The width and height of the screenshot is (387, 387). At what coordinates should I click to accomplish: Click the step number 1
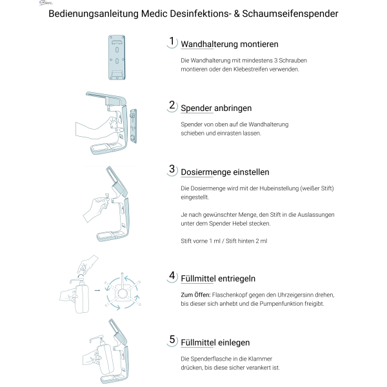point(172,41)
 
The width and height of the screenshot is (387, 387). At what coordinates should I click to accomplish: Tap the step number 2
point(172,105)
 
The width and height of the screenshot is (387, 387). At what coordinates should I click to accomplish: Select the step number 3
point(172,169)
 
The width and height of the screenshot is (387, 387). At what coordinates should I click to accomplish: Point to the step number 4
point(172,275)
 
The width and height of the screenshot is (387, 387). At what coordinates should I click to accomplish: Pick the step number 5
point(172,340)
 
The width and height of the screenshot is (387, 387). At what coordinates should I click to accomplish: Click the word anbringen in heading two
point(233,108)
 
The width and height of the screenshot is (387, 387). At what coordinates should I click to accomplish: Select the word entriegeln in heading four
point(237,279)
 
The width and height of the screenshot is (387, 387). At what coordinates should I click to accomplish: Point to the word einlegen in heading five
point(234,343)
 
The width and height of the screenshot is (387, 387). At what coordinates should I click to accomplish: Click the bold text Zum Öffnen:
point(195,295)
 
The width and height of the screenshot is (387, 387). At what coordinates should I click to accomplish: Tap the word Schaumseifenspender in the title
point(290,14)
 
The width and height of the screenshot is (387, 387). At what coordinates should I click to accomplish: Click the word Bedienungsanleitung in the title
point(94,14)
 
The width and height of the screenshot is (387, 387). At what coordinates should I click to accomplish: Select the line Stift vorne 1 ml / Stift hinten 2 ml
point(224,241)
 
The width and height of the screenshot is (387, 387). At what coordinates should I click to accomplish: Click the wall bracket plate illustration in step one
point(117,57)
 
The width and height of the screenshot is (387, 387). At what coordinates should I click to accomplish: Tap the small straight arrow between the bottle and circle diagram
point(97,290)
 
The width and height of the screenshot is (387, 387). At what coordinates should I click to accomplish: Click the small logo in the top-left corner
point(46,3)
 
